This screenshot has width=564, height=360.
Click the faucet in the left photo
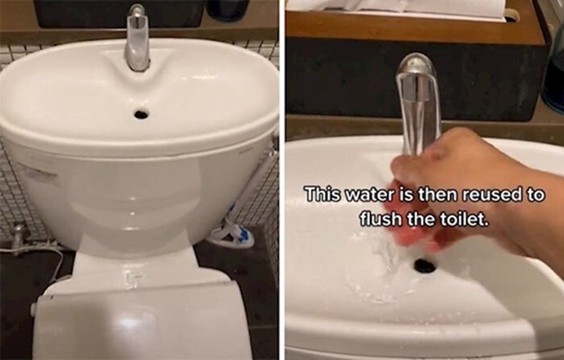137,38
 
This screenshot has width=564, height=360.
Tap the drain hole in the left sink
142,115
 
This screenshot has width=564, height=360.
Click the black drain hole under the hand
424,265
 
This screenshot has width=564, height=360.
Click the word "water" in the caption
369,195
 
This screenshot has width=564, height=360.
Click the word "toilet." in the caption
460,219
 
